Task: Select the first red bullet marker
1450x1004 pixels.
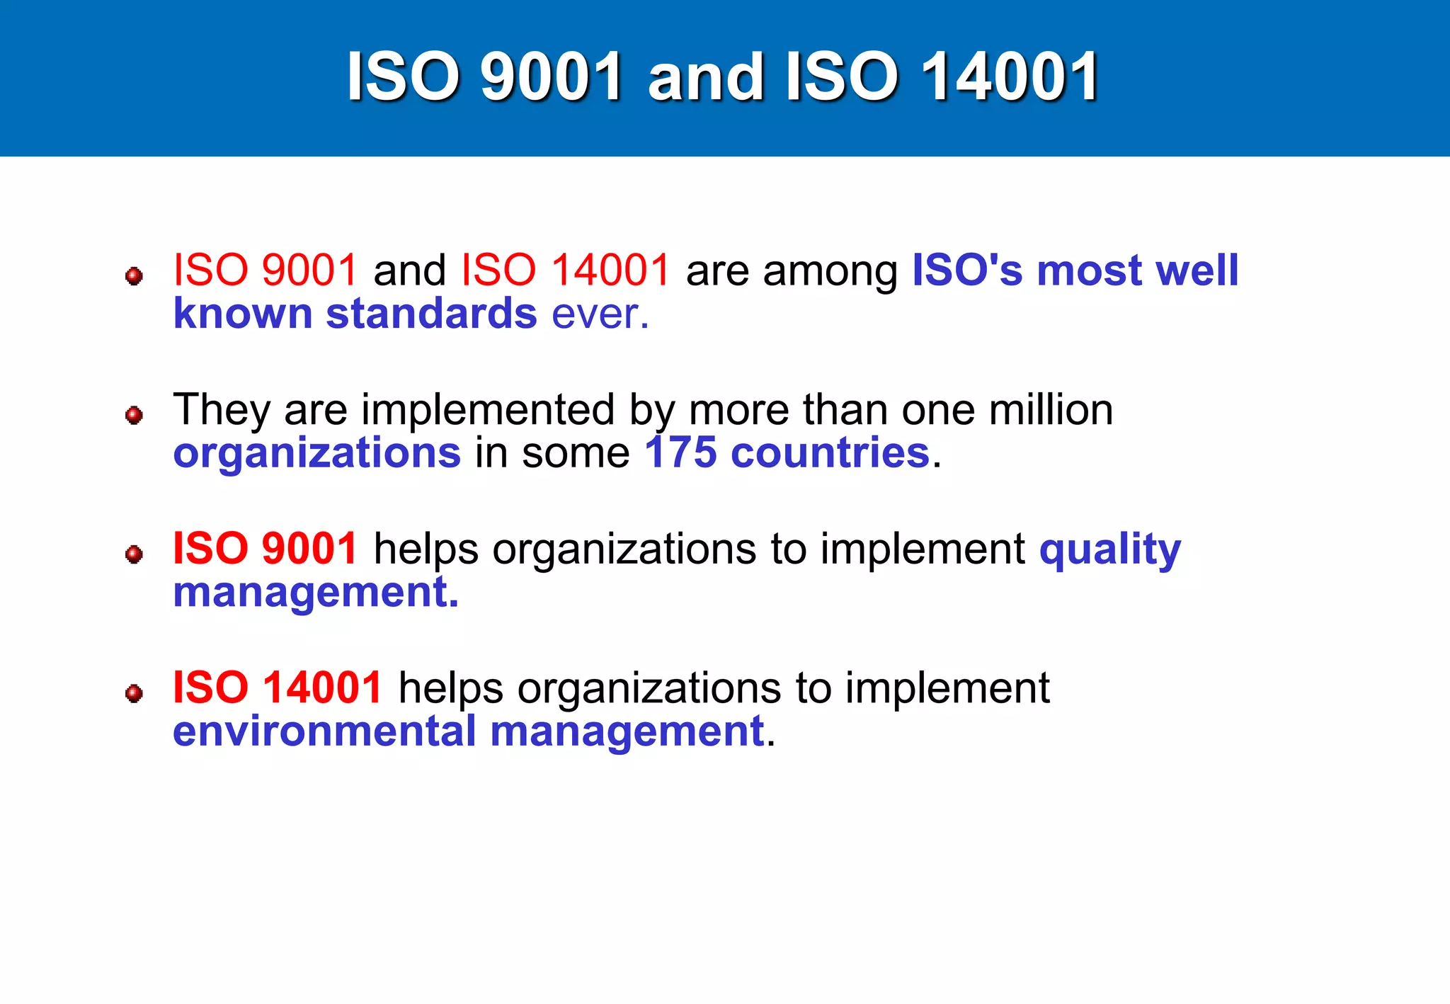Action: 134,275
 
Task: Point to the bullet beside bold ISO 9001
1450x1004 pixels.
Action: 134,554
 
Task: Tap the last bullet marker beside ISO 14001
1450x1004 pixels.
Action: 134,692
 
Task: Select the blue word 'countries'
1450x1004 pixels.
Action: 830,453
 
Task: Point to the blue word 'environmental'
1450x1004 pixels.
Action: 324,731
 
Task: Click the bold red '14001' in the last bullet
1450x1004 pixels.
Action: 323,688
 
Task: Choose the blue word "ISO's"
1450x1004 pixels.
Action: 966,270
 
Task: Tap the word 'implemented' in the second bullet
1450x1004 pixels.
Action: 488,410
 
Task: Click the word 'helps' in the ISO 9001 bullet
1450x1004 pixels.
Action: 426,549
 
